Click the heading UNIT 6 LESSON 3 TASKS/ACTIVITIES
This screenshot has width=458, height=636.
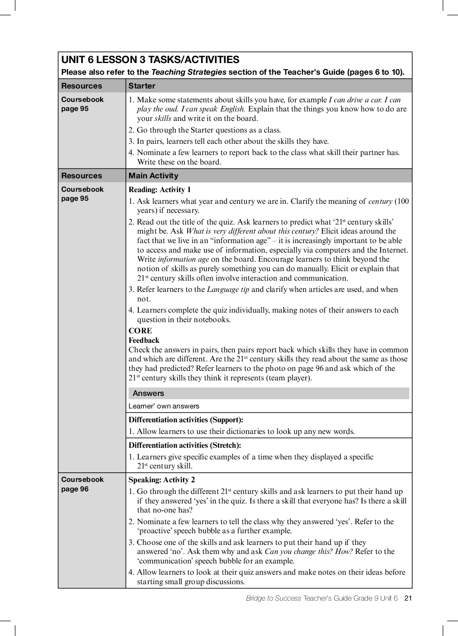(x=150, y=60)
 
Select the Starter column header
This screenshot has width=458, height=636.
(x=142, y=86)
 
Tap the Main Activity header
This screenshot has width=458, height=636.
(x=153, y=176)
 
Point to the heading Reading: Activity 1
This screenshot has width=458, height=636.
(x=160, y=190)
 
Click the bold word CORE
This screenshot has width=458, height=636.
(x=140, y=331)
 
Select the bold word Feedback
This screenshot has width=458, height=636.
(x=144, y=340)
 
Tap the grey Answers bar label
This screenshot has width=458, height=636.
(x=148, y=393)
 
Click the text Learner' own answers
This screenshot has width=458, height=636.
(x=164, y=406)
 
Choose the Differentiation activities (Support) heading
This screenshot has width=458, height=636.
(x=186, y=420)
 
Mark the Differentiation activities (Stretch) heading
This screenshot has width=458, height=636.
(x=185, y=445)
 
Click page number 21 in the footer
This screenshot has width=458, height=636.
(x=408, y=598)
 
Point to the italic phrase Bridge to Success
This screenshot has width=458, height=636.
(x=273, y=598)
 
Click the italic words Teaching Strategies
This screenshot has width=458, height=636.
(x=188, y=72)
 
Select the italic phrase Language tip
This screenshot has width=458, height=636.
(x=228, y=289)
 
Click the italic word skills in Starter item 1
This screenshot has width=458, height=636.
(x=163, y=118)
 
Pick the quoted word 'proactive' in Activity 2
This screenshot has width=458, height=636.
(x=155, y=531)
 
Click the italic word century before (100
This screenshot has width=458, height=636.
(x=380, y=201)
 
